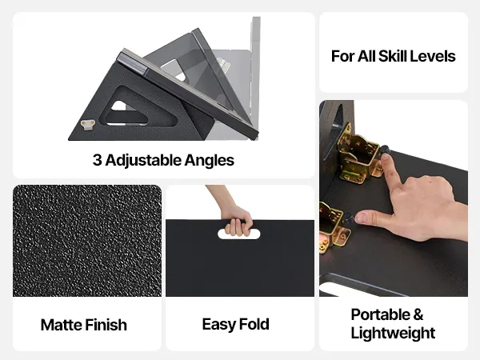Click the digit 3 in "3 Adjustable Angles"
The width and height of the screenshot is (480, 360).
[98, 160]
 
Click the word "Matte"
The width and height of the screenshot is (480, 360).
[61, 325]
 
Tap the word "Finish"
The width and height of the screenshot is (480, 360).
[106, 325]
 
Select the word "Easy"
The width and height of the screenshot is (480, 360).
[218, 325]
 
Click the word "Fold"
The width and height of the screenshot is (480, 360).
[254, 324]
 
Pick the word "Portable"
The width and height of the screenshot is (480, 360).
[381, 314]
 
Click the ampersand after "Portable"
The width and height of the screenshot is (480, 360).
[418, 315]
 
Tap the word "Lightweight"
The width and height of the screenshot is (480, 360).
[393, 333]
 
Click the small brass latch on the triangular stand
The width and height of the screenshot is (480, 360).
[88, 124]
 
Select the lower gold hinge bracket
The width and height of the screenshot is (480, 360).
[332, 227]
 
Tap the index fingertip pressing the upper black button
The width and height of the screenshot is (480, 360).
[386, 158]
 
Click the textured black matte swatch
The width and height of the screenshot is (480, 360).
[87, 240]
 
